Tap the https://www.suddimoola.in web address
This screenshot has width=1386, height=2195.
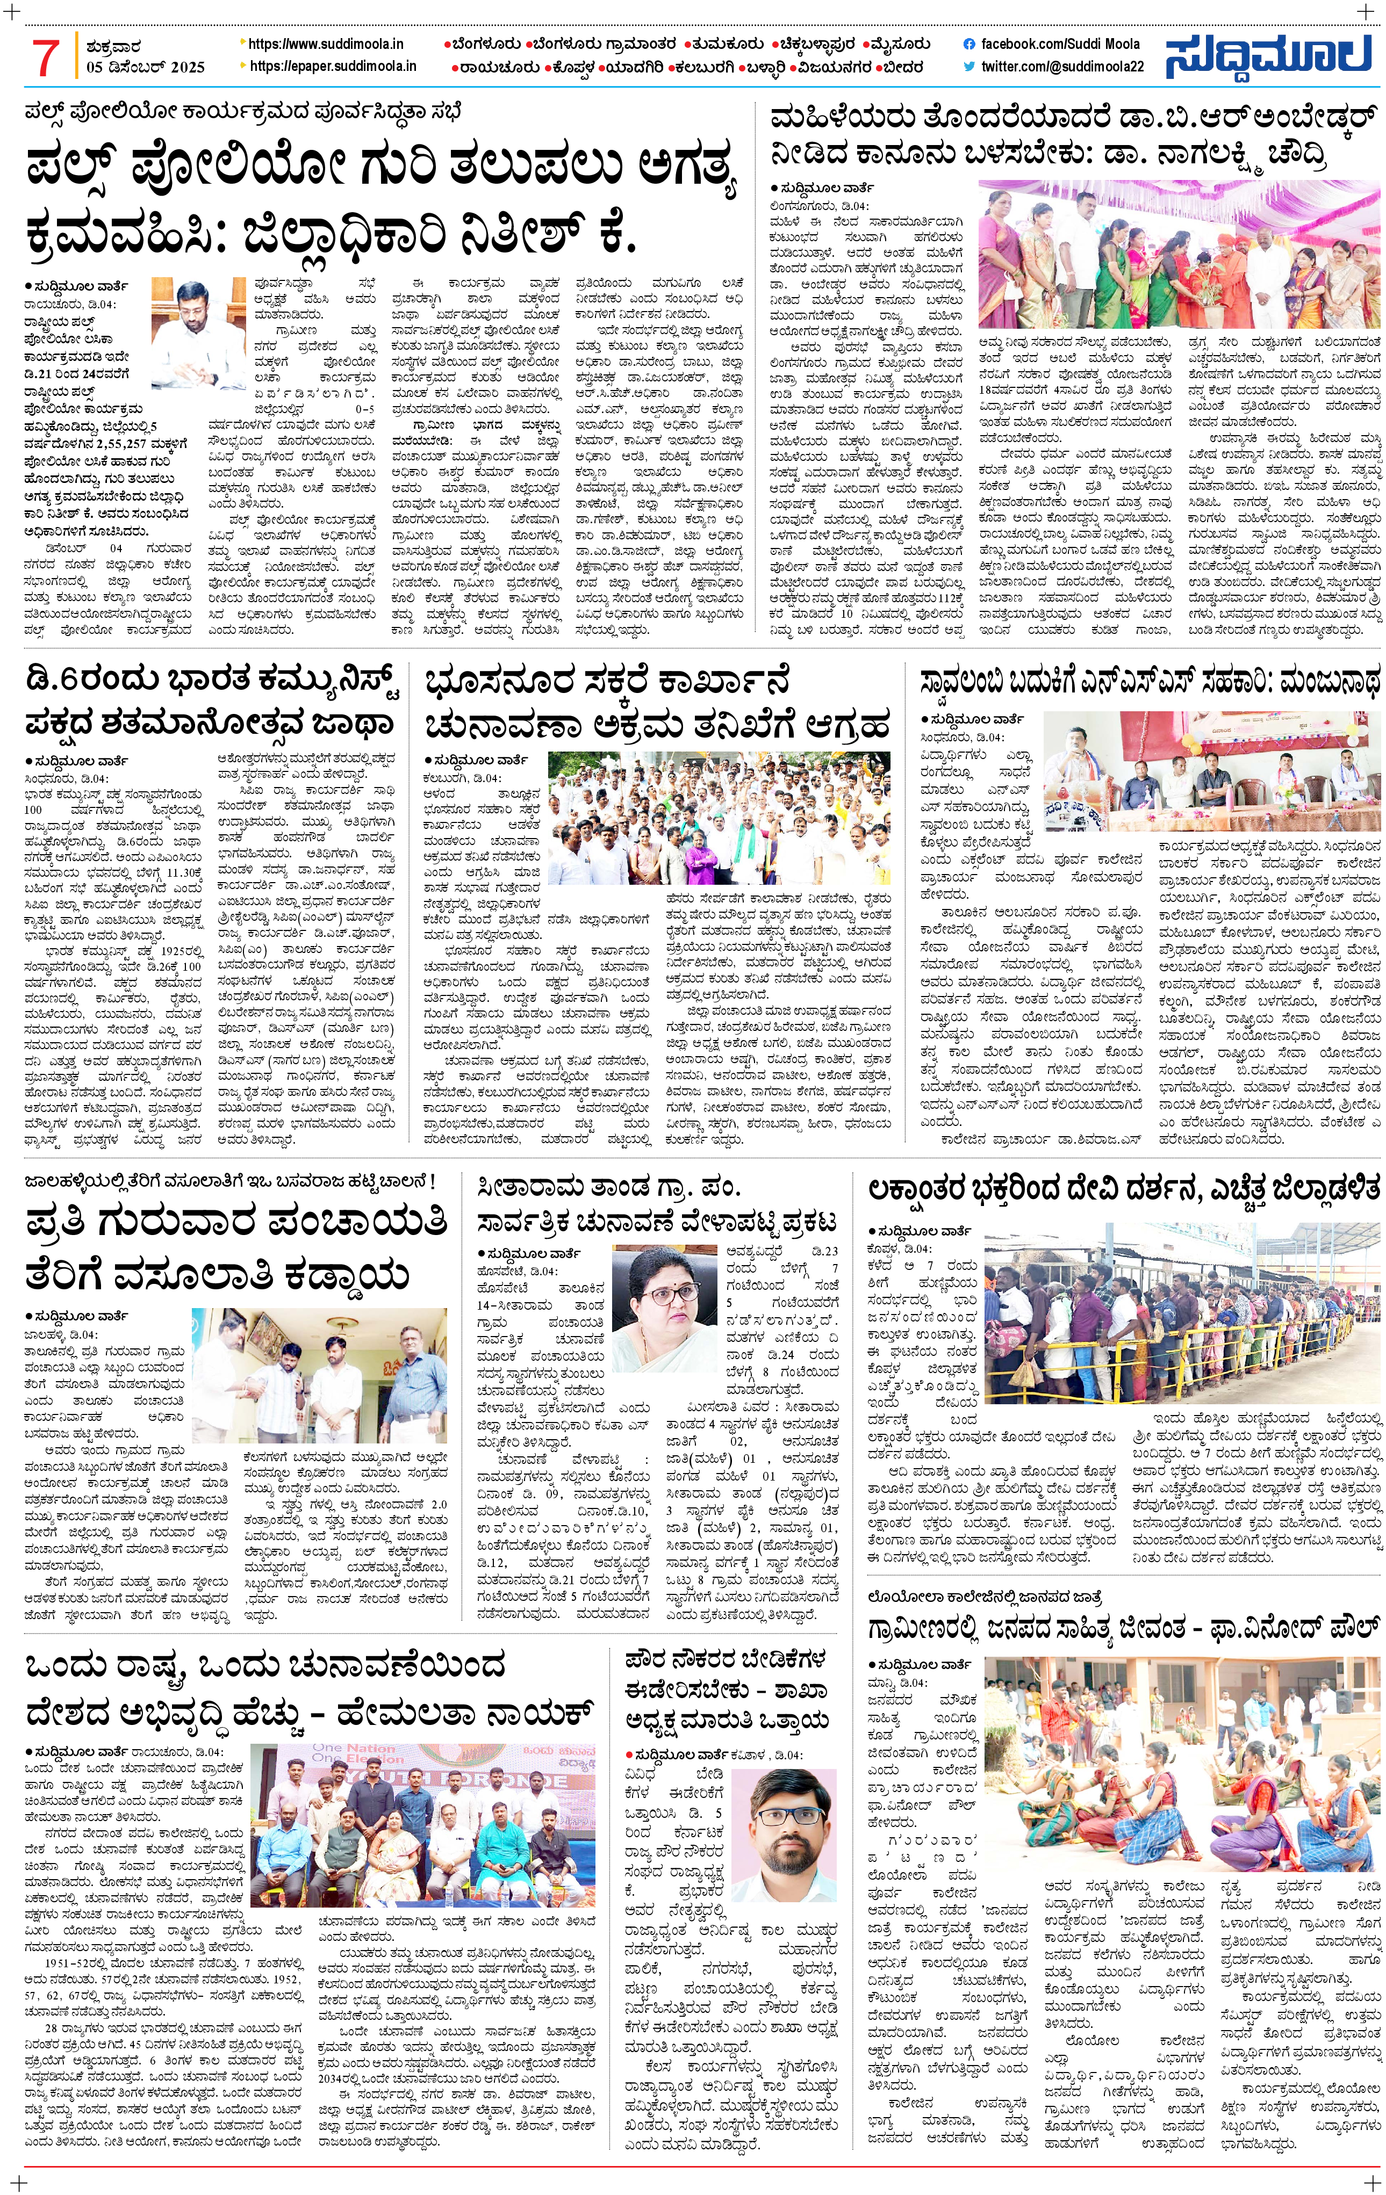pyautogui.click(x=326, y=44)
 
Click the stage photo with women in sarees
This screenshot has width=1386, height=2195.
pyautogui.click(x=1179, y=254)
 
